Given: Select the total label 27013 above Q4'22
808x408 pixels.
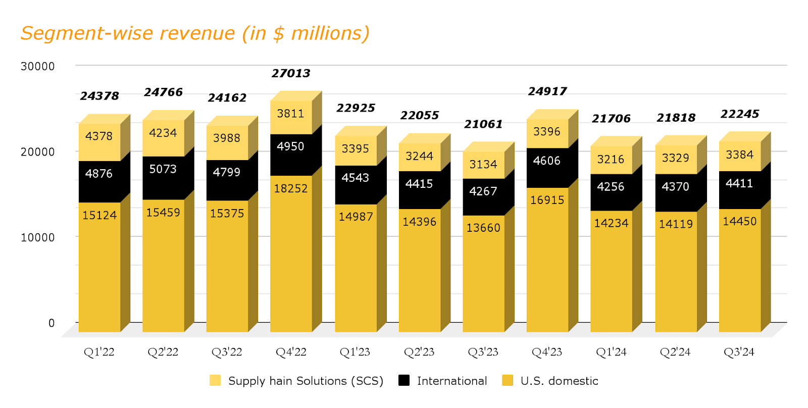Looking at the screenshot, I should click(x=291, y=74).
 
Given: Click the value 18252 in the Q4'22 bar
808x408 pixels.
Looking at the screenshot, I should click(x=291, y=188).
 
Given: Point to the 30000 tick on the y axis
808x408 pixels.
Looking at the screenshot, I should click(x=38, y=67).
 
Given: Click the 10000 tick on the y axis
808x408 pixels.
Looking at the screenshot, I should click(x=38, y=237).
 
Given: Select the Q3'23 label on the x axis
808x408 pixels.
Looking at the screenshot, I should click(x=483, y=352).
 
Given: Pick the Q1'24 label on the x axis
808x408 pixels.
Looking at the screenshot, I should click(x=611, y=352).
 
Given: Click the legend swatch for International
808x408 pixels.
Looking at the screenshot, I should click(x=404, y=380).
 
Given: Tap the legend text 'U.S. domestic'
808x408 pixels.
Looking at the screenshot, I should click(x=559, y=381).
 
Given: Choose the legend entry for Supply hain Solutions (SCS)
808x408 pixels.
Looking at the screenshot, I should click(x=305, y=381).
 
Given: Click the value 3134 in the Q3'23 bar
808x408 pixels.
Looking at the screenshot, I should click(x=483, y=165).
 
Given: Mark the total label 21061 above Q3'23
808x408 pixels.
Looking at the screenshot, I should click(x=483, y=124).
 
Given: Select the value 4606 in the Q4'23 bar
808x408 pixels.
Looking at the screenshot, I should click(x=547, y=161).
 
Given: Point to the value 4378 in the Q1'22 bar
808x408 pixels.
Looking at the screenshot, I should click(x=99, y=136).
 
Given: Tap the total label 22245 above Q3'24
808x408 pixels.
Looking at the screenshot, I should click(x=739, y=114).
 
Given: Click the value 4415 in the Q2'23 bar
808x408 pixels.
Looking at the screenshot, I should click(x=419, y=184).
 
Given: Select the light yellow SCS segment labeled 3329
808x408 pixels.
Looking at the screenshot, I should click(x=675, y=158).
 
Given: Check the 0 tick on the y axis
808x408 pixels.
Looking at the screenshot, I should click(x=51, y=323).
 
